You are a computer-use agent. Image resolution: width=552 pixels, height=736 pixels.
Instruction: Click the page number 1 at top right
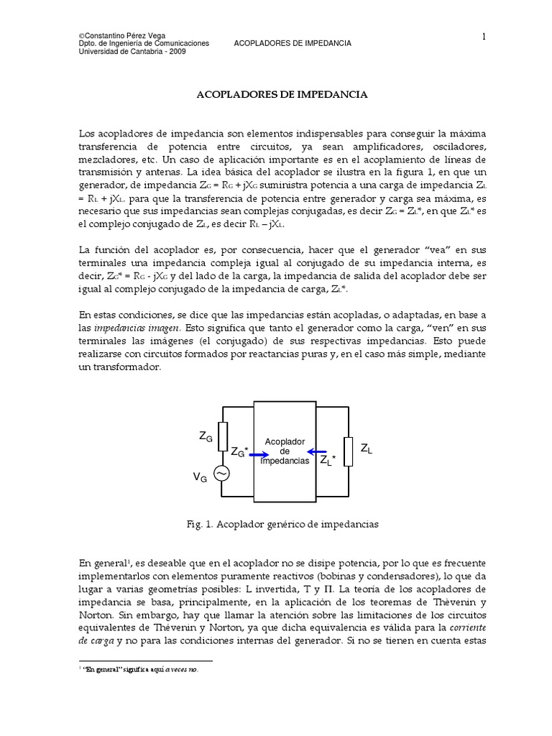click(485, 37)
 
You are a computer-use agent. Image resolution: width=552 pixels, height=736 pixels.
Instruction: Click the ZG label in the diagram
click(206, 436)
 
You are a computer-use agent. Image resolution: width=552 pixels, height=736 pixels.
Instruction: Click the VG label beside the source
click(200, 478)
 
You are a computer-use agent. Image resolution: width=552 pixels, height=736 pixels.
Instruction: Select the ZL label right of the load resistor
click(367, 449)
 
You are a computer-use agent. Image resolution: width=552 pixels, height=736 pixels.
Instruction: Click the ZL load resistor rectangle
click(349, 451)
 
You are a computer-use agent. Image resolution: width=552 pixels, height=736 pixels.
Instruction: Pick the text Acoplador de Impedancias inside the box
click(285, 451)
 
